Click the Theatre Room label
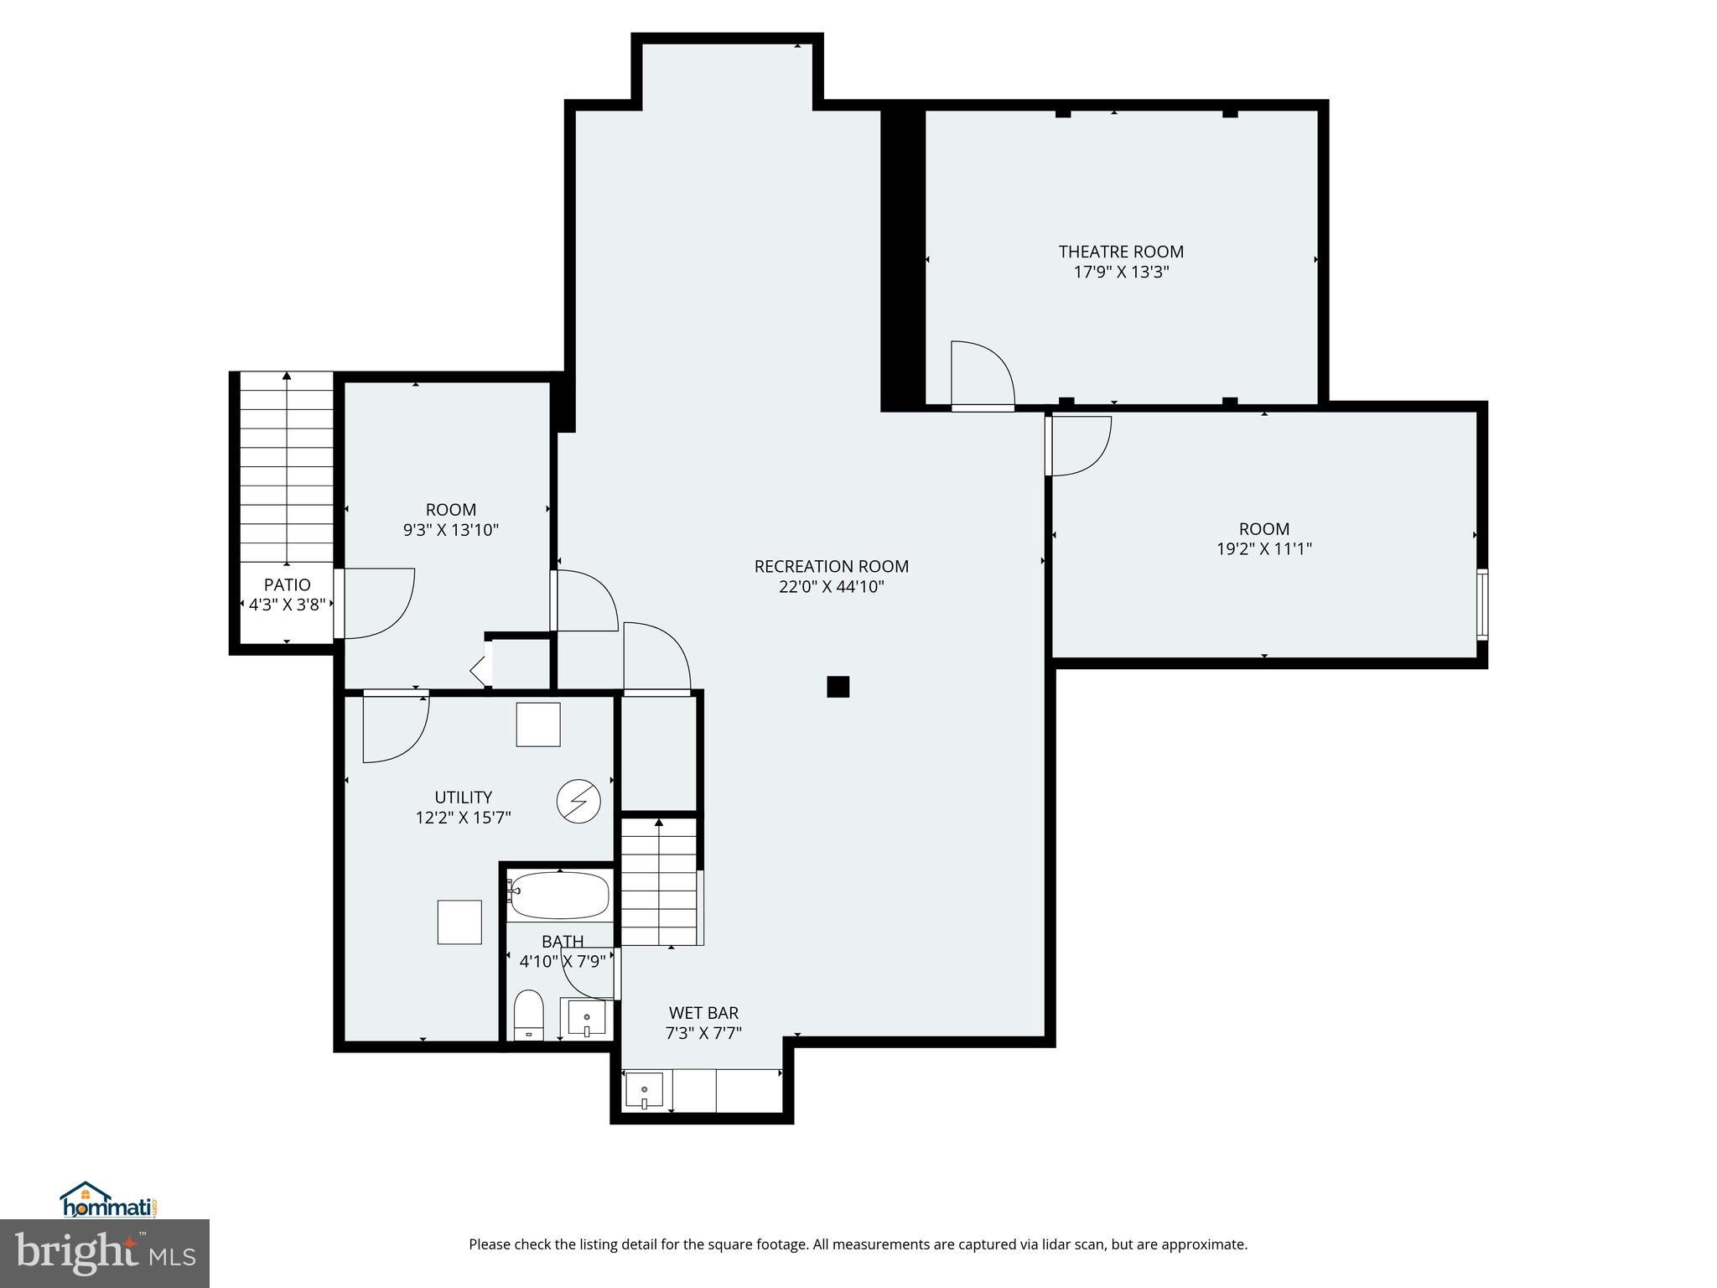[1121, 252]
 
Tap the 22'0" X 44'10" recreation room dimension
[831, 587]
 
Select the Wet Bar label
[703, 1013]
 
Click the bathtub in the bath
[559, 896]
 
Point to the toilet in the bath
[528, 1015]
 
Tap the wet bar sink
[644, 1091]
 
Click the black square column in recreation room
[838, 687]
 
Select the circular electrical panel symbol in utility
[579, 802]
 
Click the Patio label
[287, 584]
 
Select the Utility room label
[463, 797]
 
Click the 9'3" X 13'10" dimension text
[451, 530]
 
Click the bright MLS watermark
[105, 1254]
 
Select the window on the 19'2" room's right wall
[1481, 604]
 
